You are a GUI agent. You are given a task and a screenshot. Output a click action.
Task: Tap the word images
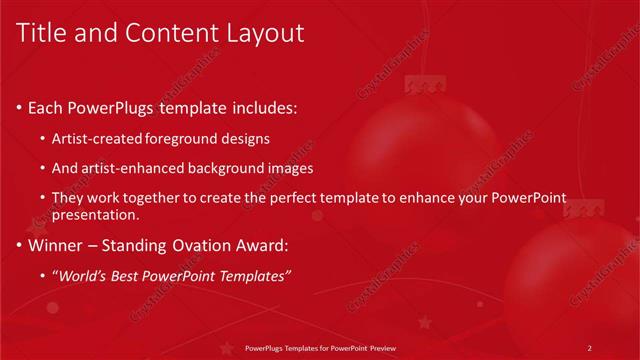tap(291, 168)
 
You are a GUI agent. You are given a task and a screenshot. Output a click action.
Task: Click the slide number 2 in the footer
tap(590, 348)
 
